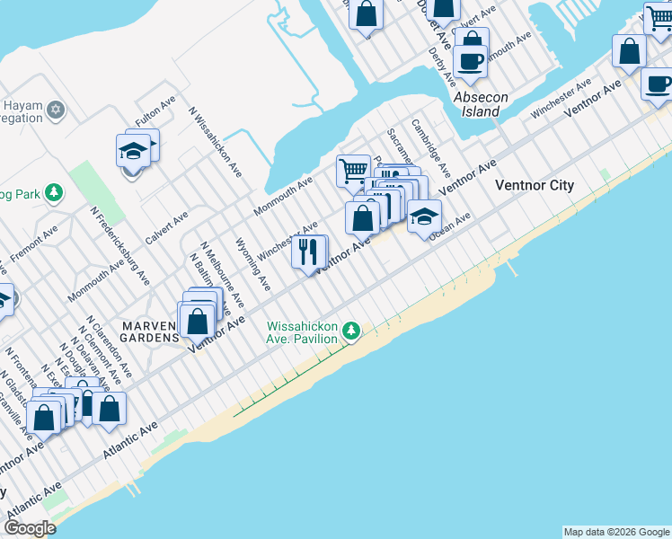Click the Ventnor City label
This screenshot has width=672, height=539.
point(534,185)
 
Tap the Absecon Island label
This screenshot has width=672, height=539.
point(481,104)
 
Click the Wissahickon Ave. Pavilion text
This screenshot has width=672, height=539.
point(301,331)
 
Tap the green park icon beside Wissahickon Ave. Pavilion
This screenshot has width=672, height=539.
point(353,332)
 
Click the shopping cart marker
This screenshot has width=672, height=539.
point(353,170)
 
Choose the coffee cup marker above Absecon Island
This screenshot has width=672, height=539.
point(471,60)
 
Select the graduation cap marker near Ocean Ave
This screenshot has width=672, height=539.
point(424,216)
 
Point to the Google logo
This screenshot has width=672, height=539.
point(30,528)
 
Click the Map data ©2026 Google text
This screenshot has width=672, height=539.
point(616,532)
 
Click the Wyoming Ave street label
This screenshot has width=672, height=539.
point(252,264)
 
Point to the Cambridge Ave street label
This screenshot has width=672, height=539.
point(431,146)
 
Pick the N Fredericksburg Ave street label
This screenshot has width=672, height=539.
point(119,246)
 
